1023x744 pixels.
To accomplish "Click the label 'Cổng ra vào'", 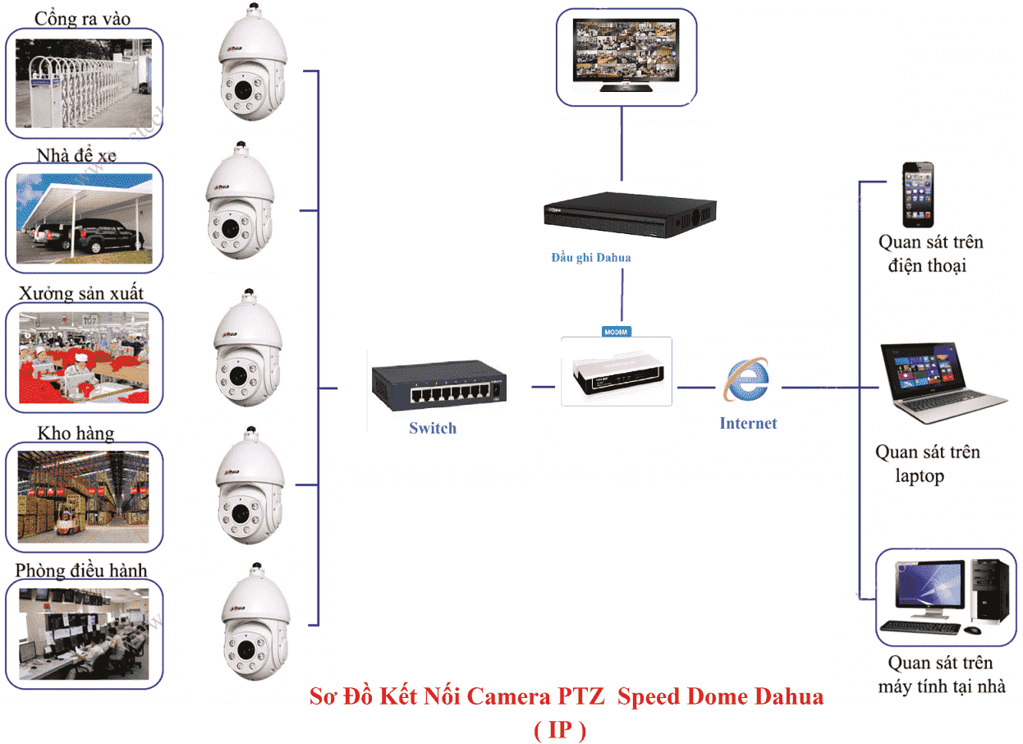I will click(82, 18).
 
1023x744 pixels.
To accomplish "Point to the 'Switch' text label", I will click(433, 428).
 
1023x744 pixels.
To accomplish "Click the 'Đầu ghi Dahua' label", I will click(590, 258).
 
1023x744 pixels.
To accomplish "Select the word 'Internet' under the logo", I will click(748, 424).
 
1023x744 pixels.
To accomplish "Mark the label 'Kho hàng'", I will click(76, 433).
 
